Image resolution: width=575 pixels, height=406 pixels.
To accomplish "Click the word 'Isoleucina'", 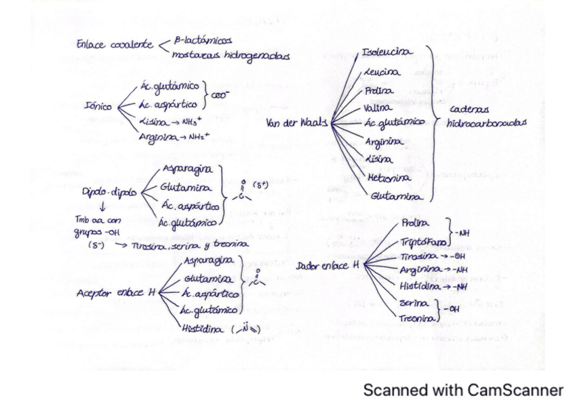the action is pos(385,52).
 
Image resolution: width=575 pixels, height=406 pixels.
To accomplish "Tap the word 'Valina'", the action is pos(377,106).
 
